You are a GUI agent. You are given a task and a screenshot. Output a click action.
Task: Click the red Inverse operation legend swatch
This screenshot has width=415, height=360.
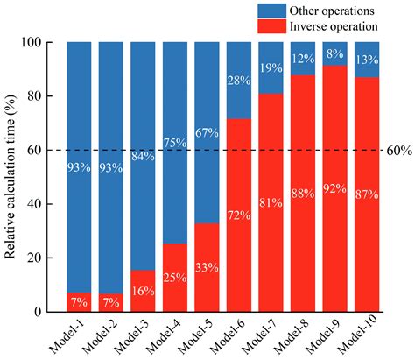tap(271, 26)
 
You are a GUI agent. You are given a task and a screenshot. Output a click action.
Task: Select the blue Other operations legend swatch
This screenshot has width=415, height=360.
tap(271, 11)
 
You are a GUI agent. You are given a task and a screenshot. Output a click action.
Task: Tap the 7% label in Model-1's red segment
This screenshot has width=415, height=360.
tap(79, 302)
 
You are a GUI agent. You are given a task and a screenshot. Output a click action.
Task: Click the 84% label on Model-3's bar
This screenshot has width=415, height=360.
tap(143, 156)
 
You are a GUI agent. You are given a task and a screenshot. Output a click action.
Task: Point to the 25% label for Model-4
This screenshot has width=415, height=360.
tap(175, 278)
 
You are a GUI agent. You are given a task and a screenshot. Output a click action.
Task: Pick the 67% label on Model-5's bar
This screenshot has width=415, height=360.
tap(207, 133)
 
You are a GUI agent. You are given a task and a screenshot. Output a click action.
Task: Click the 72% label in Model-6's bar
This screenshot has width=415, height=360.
tap(239, 215)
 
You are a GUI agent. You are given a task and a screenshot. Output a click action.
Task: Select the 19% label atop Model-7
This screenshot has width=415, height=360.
tap(271, 68)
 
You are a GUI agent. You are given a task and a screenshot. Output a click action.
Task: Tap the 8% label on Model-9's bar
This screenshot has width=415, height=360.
tap(335, 53)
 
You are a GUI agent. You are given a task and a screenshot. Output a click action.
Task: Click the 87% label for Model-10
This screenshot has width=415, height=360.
tap(367, 194)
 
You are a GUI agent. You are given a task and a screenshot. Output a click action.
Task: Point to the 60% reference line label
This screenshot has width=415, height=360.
tap(399, 151)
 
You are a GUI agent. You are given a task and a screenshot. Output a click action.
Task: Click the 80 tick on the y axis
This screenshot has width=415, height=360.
tap(34, 96)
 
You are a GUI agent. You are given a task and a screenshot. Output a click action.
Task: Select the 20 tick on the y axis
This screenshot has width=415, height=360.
tap(34, 258)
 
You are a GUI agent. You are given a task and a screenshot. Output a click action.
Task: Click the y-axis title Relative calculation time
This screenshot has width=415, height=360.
tap(10, 177)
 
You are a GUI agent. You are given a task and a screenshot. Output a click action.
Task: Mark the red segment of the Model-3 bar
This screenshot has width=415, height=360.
tap(143, 291)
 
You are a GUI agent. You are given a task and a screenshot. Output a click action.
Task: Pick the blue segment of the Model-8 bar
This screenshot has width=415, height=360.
tap(303, 59)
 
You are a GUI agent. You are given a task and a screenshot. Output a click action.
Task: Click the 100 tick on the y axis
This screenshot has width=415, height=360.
tap(32, 43)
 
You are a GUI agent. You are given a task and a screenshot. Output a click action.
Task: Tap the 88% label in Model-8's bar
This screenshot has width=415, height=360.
tap(303, 194)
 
